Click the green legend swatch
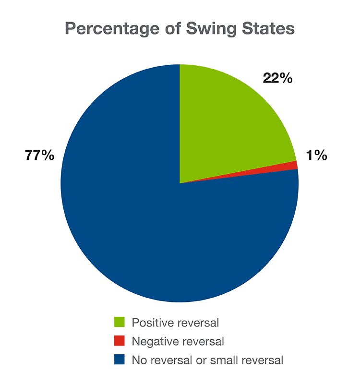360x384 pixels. (119, 323)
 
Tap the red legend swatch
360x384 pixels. (119, 341)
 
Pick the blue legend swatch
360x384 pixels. (119, 359)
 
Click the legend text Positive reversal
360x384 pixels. (175, 323)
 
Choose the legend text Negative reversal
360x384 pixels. (178, 341)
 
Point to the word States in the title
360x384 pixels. (268, 29)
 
